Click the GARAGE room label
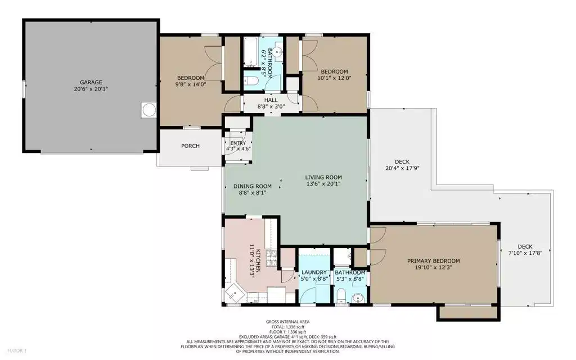click(91, 82)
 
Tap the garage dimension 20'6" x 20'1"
click(91, 89)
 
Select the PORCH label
click(190, 146)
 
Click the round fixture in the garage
click(149, 110)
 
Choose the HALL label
click(271, 100)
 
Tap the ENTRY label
click(238, 143)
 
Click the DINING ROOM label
click(253, 186)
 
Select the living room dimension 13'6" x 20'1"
click(323, 184)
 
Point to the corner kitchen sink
click(235, 292)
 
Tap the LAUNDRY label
click(314, 272)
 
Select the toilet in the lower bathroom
click(341, 296)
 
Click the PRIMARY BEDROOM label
click(434, 261)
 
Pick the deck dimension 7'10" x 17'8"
click(525, 253)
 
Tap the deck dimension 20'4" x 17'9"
click(402, 168)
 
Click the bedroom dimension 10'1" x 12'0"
click(334, 78)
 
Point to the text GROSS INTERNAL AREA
click(287, 322)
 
